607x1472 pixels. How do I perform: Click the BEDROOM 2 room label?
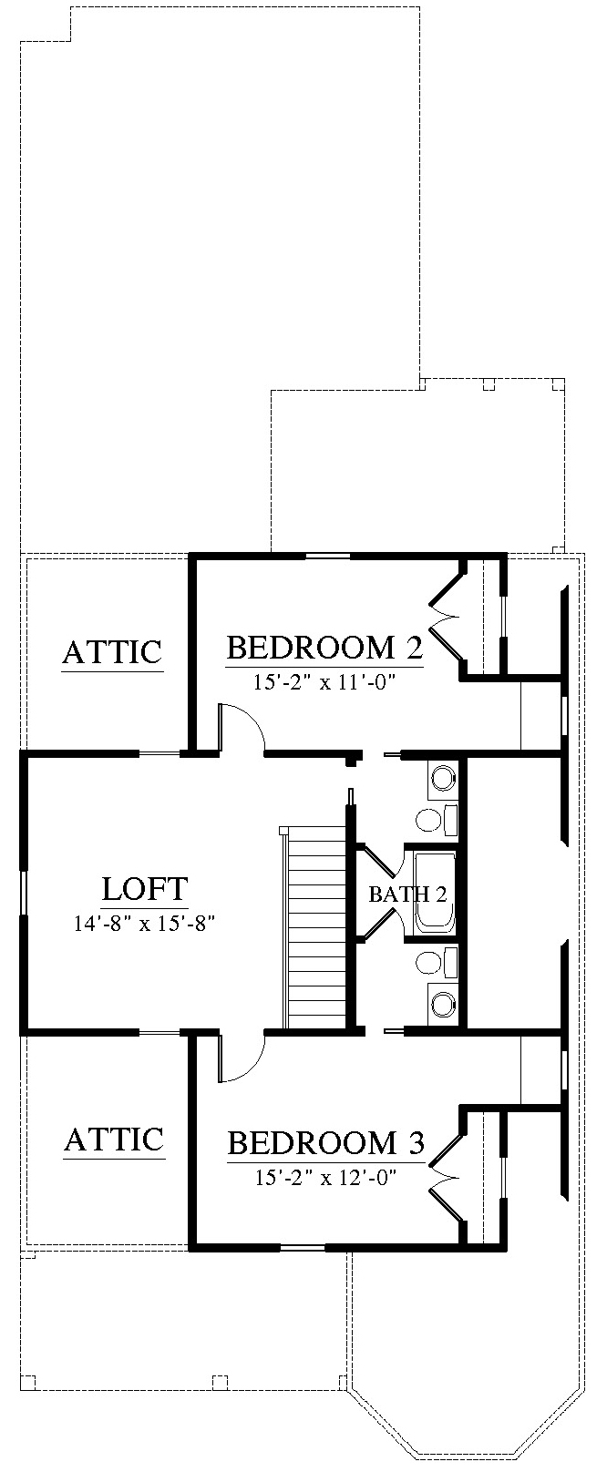pyautogui.click(x=324, y=648)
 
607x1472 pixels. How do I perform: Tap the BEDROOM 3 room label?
pyautogui.click(x=325, y=1143)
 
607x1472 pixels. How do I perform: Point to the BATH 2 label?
pyautogui.click(x=407, y=894)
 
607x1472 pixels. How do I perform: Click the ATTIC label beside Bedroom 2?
pyautogui.click(x=112, y=652)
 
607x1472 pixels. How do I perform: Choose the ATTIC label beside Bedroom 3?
pyautogui.click(x=114, y=1140)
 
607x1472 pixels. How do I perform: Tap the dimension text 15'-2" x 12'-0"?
pyautogui.click(x=325, y=1178)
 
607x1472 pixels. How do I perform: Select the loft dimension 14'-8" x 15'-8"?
pyautogui.click(x=145, y=924)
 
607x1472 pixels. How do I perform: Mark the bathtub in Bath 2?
pyautogui.click(x=436, y=893)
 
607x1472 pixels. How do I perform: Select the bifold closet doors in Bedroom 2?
pyautogui.click(x=446, y=618)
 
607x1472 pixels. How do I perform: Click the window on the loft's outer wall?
pyautogui.click(x=25, y=894)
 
